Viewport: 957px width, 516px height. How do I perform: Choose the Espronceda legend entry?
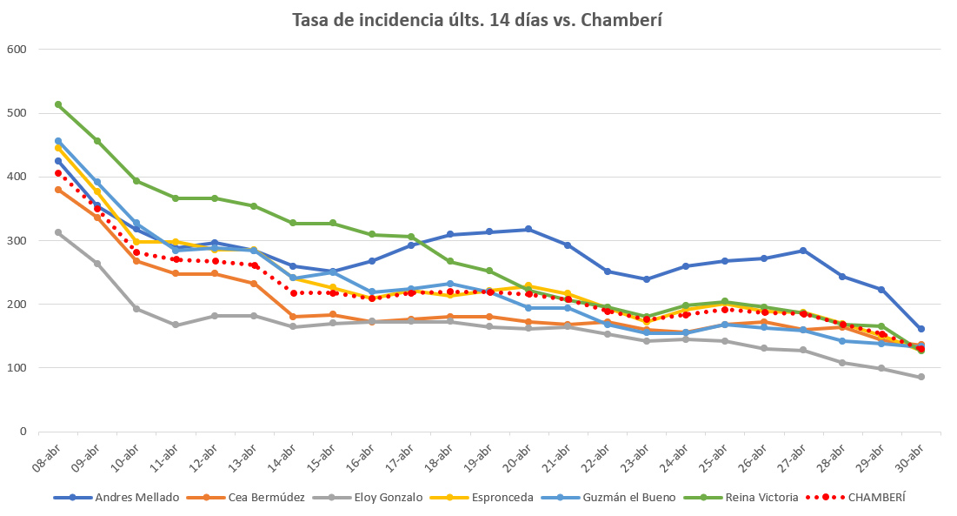pos(502,498)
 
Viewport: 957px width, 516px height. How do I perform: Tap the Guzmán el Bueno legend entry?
pos(621,498)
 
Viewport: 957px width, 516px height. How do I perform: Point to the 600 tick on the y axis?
pos(17,50)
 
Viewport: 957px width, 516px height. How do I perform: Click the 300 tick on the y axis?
pos(17,240)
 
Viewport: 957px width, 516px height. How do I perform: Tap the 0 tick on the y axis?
pos(24,432)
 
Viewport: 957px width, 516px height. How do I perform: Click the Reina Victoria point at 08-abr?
pos(58,104)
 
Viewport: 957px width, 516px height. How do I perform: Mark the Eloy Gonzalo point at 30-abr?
pos(920,377)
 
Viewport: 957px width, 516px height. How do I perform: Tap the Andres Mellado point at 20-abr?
pos(528,230)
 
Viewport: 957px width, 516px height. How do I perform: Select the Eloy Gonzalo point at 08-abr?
pos(58,232)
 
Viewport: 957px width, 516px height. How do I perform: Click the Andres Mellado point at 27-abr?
pos(803,251)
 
